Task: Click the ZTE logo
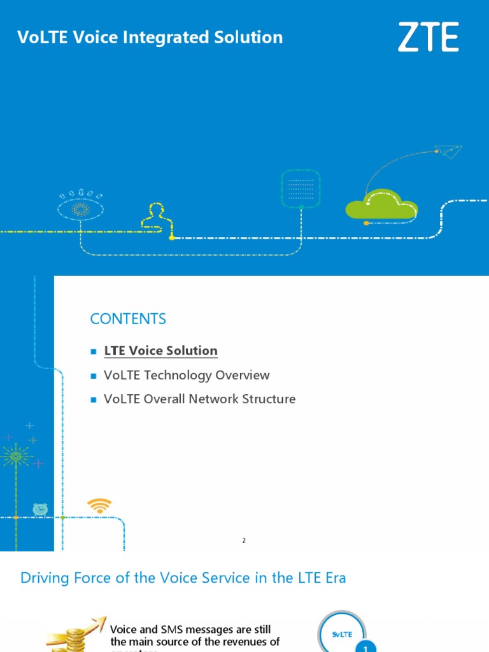tap(429, 37)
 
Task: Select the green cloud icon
tap(381, 204)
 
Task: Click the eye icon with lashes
tap(80, 208)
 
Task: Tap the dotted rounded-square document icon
tap(301, 188)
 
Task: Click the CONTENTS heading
tap(128, 319)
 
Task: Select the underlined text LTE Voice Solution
tap(160, 351)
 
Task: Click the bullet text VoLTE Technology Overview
tap(187, 375)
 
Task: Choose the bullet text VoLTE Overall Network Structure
tap(199, 399)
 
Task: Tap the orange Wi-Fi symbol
tap(99, 506)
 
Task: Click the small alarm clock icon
tap(40, 509)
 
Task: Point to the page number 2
tap(244, 541)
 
